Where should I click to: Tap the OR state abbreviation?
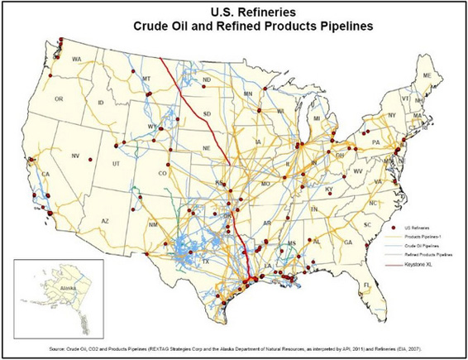click(x=59, y=98)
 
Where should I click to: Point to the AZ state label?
click(x=105, y=221)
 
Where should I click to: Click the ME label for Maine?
click(x=427, y=75)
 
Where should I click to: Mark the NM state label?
click(x=153, y=224)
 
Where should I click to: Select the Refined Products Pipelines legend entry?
click(x=425, y=257)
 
